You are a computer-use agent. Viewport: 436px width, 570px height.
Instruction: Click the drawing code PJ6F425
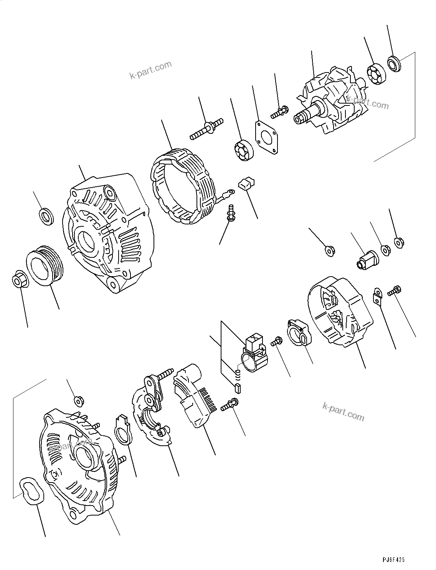(x=393, y=560)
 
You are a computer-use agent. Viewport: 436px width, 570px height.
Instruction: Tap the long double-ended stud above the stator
(x=206, y=129)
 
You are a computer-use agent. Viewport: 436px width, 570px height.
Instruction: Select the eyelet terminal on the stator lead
(x=230, y=190)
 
